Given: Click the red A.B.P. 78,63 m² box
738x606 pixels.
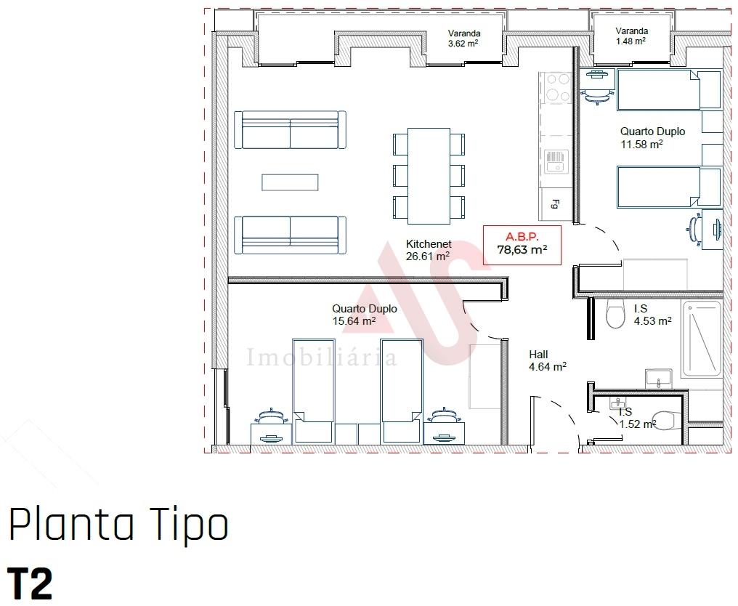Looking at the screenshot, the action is (522, 245).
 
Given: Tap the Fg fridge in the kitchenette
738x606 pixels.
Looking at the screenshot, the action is (556, 204).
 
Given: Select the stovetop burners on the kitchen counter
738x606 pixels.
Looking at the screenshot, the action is (558, 88).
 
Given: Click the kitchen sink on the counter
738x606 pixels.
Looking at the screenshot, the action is (556, 161).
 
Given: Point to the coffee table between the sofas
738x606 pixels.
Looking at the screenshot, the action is (290, 182).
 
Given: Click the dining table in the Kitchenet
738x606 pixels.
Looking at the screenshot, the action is (429, 176).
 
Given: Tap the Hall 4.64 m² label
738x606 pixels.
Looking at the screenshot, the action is (548, 360).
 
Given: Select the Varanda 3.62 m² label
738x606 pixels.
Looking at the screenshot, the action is (463, 39).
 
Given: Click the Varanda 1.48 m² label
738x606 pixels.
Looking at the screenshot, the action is (631, 36).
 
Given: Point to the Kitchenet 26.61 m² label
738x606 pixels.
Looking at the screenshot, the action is (429, 250).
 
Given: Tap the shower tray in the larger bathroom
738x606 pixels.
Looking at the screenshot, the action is (701, 339).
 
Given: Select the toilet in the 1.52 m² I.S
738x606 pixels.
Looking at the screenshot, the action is (669, 421).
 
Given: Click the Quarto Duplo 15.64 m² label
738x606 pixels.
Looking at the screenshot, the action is (365, 315).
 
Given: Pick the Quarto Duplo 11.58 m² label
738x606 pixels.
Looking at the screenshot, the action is (652, 138).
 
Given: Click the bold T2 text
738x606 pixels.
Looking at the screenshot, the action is (30, 584).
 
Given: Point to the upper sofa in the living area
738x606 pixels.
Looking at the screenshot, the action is (290, 130).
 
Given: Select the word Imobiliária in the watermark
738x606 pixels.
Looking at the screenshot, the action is (321, 357).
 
